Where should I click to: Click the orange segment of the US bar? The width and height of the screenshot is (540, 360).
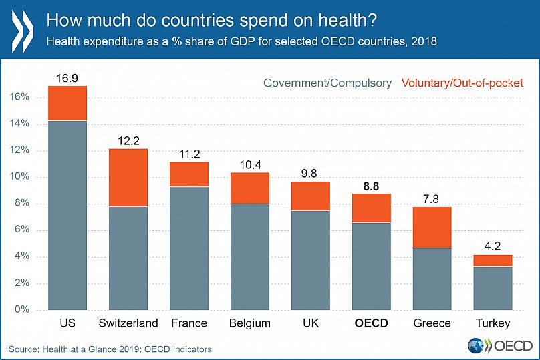pyautogui.click(x=67, y=103)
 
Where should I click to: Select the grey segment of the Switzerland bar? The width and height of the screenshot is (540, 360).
pyautogui.click(x=128, y=258)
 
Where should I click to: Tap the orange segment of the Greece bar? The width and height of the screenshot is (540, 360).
pyautogui.click(x=432, y=227)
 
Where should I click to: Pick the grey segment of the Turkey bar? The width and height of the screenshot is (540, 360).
pyautogui.click(x=493, y=288)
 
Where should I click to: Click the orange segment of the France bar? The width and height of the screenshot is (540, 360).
pyautogui.click(x=189, y=174)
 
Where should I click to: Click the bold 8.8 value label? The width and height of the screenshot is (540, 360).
pyautogui.click(x=372, y=187)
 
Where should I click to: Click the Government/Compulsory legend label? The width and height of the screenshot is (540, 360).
pyautogui.click(x=327, y=83)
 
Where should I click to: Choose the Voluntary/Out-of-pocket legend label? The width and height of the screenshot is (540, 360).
pyautogui.click(x=462, y=83)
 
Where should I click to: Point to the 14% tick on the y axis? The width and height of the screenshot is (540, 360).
pyautogui.click(x=20, y=124)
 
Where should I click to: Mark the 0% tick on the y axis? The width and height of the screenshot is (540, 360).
pyautogui.click(x=23, y=310)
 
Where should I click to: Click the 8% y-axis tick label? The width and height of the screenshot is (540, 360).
pyautogui.click(x=23, y=204)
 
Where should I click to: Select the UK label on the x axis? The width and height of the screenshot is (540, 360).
pyautogui.click(x=311, y=323)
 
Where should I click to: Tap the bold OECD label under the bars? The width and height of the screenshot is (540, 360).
pyautogui.click(x=372, y=323)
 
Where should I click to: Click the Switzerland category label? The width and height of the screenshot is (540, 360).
pyautogui.click(x=128, y=323)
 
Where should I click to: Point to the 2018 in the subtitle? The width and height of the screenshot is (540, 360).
pyautogui.click(x=422, y=41)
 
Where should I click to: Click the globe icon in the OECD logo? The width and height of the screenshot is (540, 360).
pyautogui.click(x=477, y=345)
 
